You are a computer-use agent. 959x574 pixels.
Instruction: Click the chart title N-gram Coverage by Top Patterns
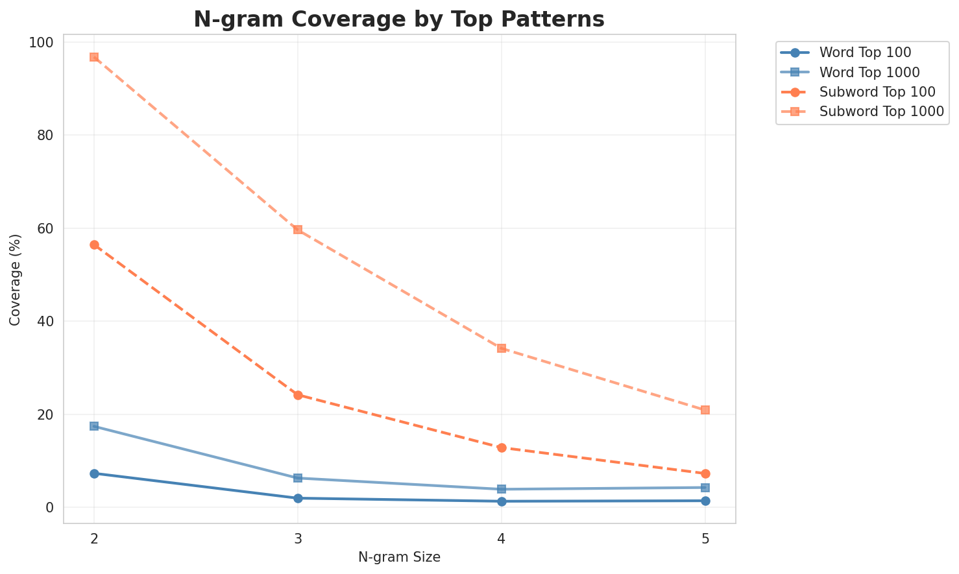[399, 19]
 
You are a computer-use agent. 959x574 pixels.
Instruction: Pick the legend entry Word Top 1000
[869, 71]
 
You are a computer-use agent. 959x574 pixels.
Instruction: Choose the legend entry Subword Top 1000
[881, 111]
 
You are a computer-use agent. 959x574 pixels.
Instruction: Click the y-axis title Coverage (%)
[16, 280]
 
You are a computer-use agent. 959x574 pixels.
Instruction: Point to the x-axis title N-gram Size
[399, 557]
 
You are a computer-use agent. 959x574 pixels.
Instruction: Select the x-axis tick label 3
[298, 538]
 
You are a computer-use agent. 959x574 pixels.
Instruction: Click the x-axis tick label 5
[705, 538]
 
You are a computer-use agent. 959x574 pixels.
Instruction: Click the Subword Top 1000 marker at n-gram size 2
[94, 57]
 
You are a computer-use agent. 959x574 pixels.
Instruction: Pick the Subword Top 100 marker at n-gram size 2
[94, 245]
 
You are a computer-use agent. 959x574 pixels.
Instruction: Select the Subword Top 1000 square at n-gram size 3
[298, 230]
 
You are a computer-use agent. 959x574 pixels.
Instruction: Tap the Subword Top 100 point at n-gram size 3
[298, 395]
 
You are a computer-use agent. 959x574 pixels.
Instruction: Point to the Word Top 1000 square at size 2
[94, 426]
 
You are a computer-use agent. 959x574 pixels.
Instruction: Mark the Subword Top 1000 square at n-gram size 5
[705, 410]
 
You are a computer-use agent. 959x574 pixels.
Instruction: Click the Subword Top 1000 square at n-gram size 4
[502, 348]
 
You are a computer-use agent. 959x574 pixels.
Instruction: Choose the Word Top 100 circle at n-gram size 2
[94, 473]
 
